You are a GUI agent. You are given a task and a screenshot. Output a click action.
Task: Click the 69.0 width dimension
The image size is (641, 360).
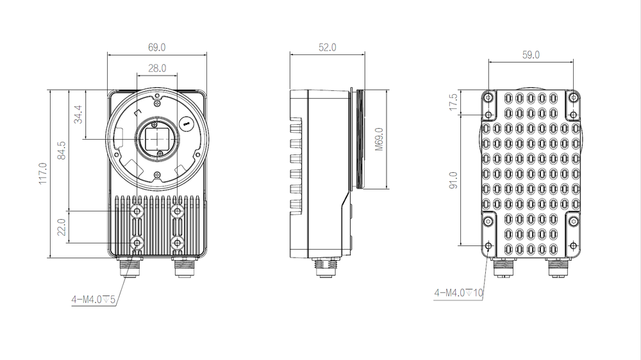pyautogui.click(x=157, y=47)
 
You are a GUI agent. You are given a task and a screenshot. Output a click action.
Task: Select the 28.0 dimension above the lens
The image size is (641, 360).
pyautogui.click(x=157, y=67)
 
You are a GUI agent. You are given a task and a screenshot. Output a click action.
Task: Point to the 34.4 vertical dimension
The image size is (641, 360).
pyautogui.click(x=78, y=114)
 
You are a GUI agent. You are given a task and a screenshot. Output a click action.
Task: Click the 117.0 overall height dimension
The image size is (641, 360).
pyautogui.click(x=42, y=174)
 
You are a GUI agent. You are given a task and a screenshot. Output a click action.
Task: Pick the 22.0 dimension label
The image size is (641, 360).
pyautogui.click(x=62, y=227)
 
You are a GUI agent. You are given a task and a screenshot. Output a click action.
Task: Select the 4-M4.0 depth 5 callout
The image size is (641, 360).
pyautogui.click(x=94, y=299)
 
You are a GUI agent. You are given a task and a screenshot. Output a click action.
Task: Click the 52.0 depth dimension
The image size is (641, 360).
pyautogui.click(x=326, y=47)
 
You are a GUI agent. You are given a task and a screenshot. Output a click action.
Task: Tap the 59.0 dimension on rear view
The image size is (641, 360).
pyautogui.click(x=531, y=55)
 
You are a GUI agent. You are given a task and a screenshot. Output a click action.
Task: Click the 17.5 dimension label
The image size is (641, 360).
pyautogui.click(x=453, y=102)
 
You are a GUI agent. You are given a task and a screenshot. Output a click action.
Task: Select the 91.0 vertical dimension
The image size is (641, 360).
pyautogui.click(x=453, y=180)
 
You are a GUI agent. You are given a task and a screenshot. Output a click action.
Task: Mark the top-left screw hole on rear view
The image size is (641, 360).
pyautogui.click(x=488, y=98)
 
